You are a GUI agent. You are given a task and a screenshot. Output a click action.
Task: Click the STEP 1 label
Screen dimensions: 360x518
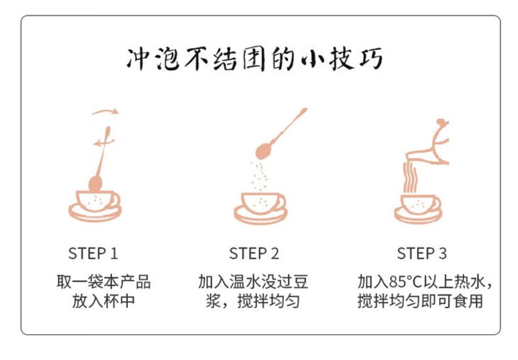(x=93, y=253)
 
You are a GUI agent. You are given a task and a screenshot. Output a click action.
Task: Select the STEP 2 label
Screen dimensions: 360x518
(x=254, y=253)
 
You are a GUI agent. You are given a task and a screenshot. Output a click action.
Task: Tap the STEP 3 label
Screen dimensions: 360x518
(x=422, y=253)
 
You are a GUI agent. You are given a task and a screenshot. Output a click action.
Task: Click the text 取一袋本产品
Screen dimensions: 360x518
(x=104, y=282)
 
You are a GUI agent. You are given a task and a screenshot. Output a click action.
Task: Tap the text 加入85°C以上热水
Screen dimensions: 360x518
(x=422, y=282)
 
